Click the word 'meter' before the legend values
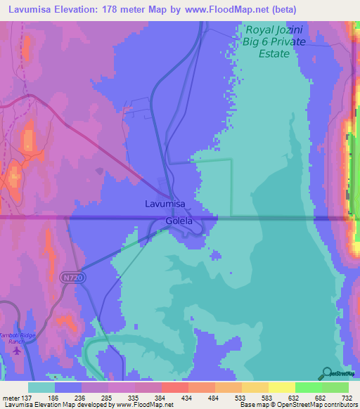pos(11,397)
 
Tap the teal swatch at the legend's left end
pos(41,387)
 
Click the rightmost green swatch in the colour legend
pos(335,387)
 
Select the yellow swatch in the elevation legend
pos(282,387)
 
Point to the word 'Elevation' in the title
pos(82,9)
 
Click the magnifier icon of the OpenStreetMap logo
pos(327,372)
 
